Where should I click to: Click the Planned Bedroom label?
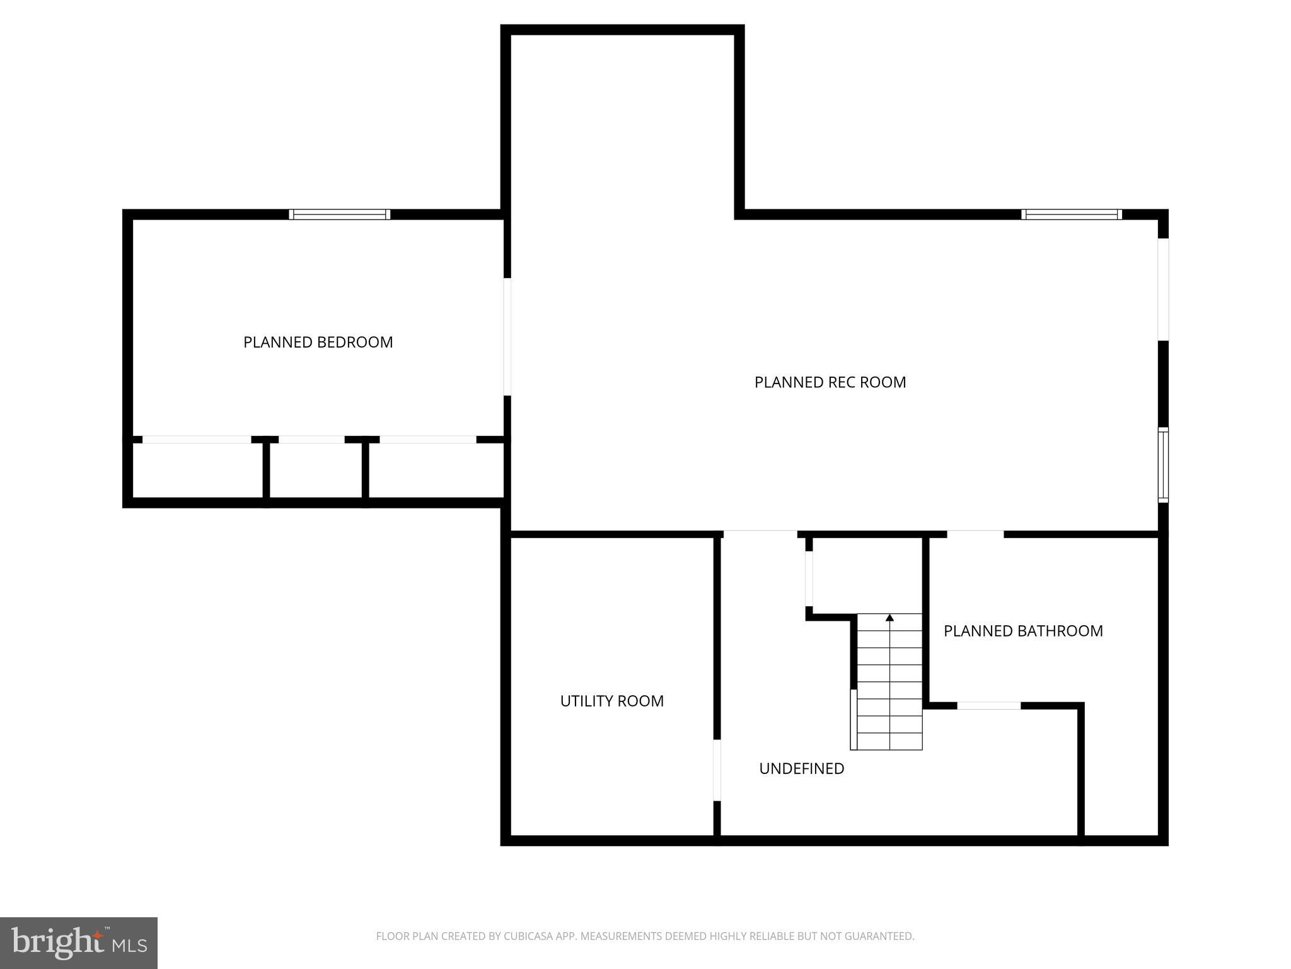tap(318, 342)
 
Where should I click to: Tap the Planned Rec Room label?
tap(830, 382)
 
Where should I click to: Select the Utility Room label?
tap(611, 701)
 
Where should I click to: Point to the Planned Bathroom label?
tap(1022, 631)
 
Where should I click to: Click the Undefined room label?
tap(801, 768)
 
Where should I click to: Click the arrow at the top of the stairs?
tap(889, 618)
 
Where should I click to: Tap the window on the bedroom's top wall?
tap(339, 214)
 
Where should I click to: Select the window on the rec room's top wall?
tap(1071, 214)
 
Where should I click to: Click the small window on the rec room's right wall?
tap(1163, 465)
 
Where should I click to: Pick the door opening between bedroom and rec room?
tap(507, 337)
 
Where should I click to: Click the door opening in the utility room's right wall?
tap(717, 770)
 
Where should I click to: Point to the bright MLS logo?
tap(78, 943)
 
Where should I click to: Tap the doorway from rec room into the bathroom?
tap(975, 534)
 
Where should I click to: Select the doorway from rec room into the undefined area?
tap(760, 534)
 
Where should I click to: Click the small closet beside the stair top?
tap(867, 574)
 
